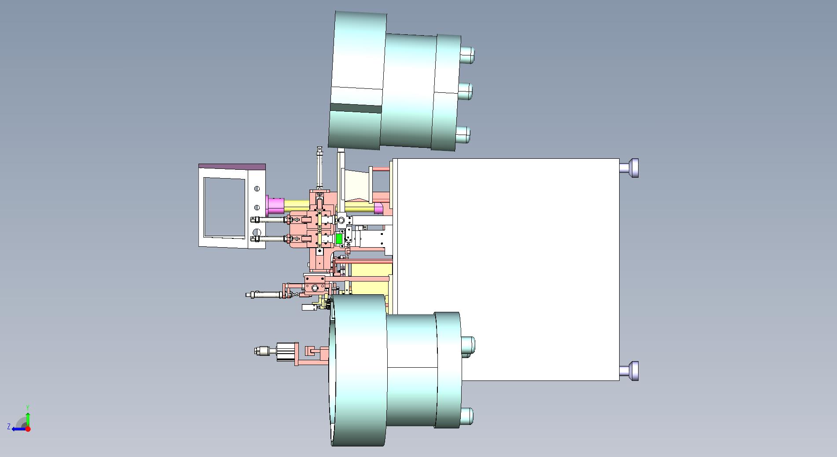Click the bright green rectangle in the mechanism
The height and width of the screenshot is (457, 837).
(339, 239)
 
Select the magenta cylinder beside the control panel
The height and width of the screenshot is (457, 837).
(275, 205)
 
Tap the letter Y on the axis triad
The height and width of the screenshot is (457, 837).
(28, 408)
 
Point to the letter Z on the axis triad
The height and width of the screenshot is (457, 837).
(9, 427)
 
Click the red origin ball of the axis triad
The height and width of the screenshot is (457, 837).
(28, 429)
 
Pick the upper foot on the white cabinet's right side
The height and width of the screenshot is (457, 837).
(629, 168)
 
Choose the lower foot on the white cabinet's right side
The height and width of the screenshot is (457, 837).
(629, 371)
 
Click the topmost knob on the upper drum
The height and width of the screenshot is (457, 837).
(467, 55)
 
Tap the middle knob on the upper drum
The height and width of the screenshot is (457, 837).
(465, 91)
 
